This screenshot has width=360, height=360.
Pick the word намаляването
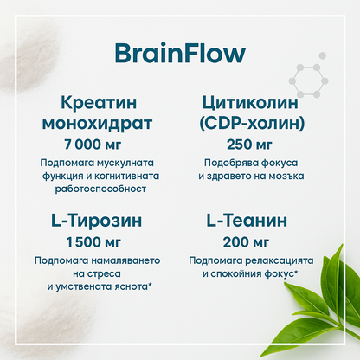pos(126,260)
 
